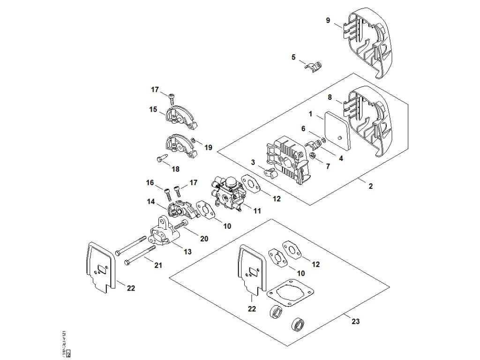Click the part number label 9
[328, 20]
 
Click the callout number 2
[370, 186]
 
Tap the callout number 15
[153, 109]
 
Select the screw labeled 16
[167, 192]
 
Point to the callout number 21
[158, 265]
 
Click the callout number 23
[356, 321]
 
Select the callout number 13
[187, 252]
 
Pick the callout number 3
[253, 162]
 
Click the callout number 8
[330, 98]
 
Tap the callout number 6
[303, 128]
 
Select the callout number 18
[176, 168]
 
